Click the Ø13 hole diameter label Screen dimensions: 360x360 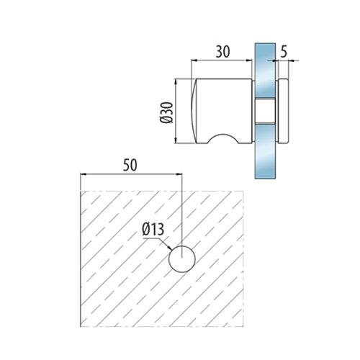153,229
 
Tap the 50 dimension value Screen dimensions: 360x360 130,165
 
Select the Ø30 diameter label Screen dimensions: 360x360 166,112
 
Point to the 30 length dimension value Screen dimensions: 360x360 222,52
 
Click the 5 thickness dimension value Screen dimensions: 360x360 284,52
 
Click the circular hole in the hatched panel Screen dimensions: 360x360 182,259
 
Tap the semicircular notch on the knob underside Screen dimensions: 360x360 223,139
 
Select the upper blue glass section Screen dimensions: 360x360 265,71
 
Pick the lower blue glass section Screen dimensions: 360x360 265,151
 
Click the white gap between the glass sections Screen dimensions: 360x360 265,111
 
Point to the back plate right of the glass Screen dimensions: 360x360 283,111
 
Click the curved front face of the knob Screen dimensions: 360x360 194,111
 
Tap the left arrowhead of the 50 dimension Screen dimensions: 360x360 83,174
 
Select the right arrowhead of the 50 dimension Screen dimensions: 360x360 179,174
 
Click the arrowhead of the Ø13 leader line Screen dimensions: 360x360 169,248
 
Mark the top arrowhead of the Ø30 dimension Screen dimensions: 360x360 176,82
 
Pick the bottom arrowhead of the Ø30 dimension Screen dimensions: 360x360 176,140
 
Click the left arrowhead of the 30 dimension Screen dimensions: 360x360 194,60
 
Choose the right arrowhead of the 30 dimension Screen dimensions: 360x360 249,60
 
